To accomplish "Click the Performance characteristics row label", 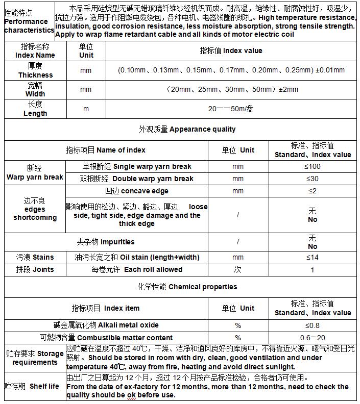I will click(x=29, y=21).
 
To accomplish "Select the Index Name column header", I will click(x=35, y=50).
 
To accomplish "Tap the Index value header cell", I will click(x=231, y=50).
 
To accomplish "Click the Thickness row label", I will click(x=35, y=70).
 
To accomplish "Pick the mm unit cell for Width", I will click(x=86, y=89).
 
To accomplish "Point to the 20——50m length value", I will click(x=231, y=109).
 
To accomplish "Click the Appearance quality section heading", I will click(x=187, y=129).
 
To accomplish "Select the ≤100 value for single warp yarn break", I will click(x=313, y=166).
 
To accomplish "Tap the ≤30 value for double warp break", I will click(x=313, y=179).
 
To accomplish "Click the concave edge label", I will click(x=136, y=191).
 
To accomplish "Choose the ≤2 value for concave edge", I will click(x=313, y=191).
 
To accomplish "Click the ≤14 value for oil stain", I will click(x=313, y=257).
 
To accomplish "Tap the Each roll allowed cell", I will click(x=137, y=269).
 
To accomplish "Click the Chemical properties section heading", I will click(x=187, y=287).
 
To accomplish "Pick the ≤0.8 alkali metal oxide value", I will click(x=313, y=325).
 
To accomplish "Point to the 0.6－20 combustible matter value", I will click(x=313, y=338).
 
